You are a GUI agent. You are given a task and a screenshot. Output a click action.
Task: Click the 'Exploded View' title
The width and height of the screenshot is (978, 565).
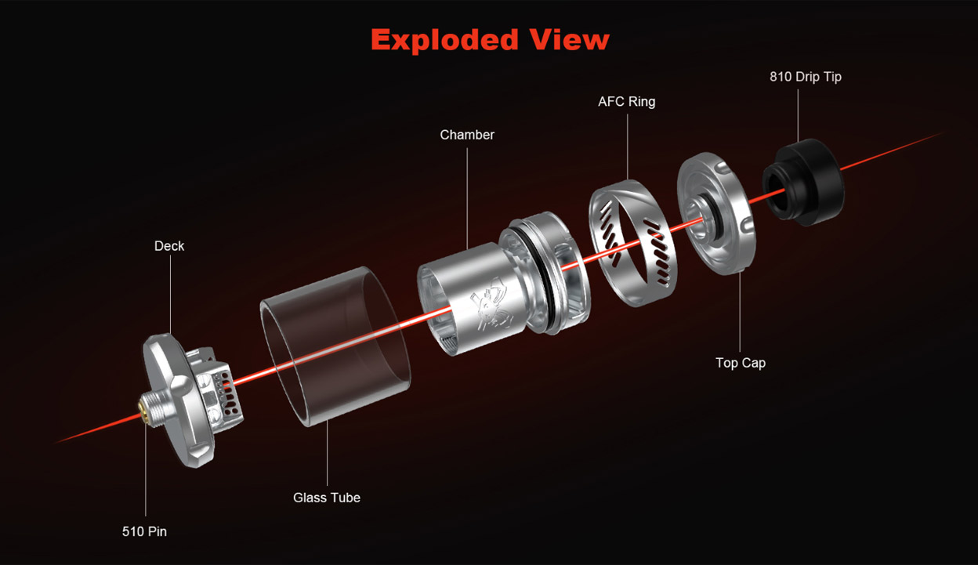click(x=490, y=40)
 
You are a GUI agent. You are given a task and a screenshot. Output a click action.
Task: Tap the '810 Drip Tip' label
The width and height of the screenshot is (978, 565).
click(x=806, y=77)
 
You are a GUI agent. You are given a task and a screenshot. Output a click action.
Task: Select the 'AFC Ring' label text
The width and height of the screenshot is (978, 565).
click(x=627, y=102)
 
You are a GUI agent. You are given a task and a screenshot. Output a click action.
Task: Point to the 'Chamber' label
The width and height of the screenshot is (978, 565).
click(x=467, y=135)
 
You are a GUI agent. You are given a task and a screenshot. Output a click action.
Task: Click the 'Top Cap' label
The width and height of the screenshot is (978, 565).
click(x=741, y=363)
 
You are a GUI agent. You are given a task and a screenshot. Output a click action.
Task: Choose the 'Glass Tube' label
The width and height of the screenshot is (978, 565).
click(x=327, y=498)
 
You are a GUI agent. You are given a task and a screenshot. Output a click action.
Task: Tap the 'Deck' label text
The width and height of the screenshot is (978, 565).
click(x=169, y=246)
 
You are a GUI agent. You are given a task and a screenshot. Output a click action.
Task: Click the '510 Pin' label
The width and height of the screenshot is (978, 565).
click(x=144, y=531)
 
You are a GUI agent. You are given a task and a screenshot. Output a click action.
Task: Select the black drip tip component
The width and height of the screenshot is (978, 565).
click(x=803, y=182)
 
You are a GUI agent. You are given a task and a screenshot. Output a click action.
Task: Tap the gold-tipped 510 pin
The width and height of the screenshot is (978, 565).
click(x=143, y=407)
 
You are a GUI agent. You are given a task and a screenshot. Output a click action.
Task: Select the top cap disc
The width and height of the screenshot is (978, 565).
click(x=716, y=213)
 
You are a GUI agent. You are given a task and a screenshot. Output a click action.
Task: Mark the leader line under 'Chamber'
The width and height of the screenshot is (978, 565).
click(x=467, y=199)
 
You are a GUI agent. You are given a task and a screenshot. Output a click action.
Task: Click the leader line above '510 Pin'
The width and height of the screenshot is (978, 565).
click(x=146, y=469)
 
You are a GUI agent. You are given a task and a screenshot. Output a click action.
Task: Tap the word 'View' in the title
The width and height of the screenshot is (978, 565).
click(x=570, y=40)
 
